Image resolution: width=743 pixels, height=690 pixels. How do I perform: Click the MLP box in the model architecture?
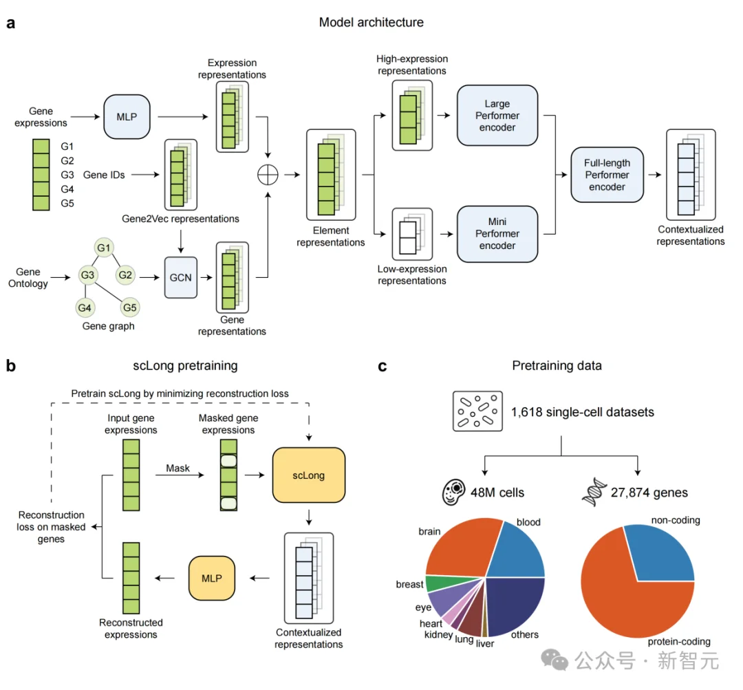click(126, 116)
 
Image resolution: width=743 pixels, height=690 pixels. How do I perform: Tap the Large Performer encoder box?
click(497, 116)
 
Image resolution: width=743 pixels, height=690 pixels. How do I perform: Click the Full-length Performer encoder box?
click(607, 175)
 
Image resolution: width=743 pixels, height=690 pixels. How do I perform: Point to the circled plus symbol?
click(267, 175)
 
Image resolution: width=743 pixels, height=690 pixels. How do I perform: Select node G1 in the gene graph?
click(104, 246)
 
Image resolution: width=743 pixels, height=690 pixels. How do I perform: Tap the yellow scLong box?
click(308, 475)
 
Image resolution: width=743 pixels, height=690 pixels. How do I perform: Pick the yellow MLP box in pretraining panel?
click(211, 577)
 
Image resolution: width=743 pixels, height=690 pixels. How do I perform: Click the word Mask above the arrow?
click(177, 468)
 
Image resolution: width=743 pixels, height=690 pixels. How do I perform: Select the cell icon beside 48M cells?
click(453, 492)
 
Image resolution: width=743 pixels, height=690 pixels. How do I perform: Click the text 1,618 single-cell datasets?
click(582, 412)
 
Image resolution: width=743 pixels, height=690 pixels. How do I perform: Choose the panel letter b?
click(11, 366)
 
